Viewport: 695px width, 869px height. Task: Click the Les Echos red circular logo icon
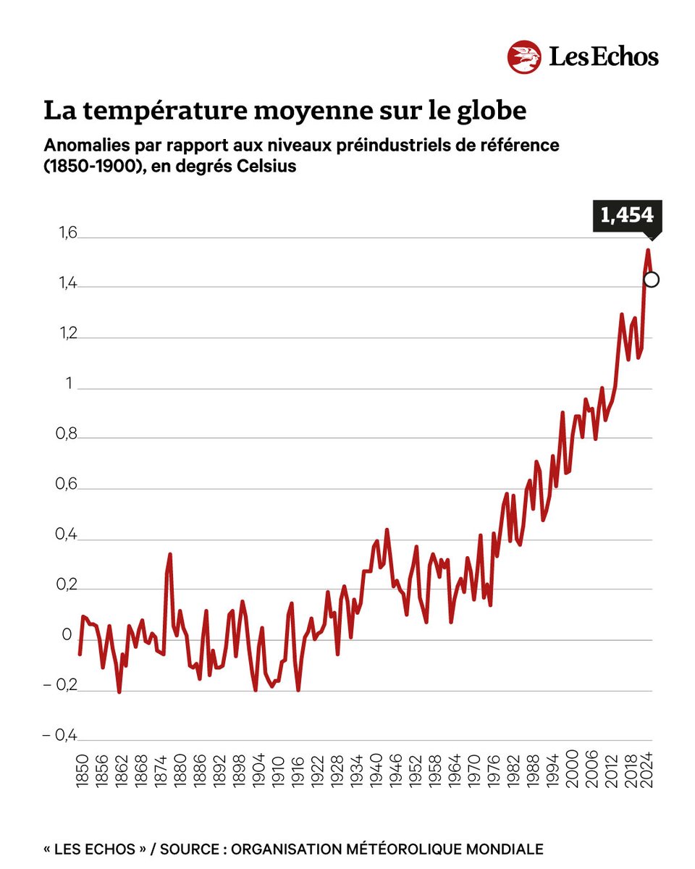[525, 57]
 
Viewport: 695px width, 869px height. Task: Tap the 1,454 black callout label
[626, 215]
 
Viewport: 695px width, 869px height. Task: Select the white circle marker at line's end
[651, 280]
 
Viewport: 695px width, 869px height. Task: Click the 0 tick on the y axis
[67, 636]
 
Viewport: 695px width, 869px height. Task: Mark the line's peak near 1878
[169, 555]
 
